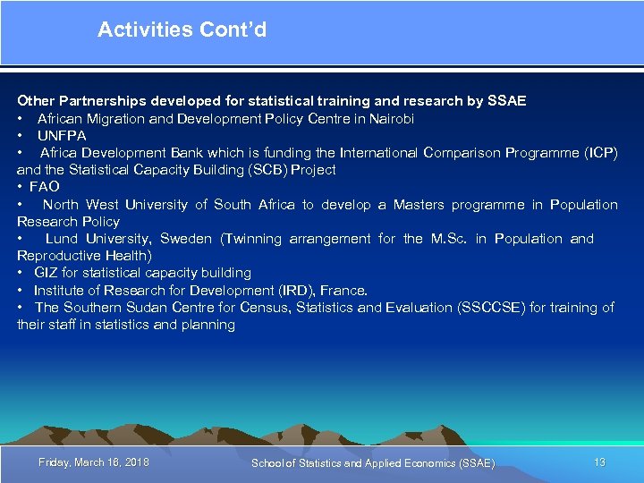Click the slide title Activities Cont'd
[x=182, y=30]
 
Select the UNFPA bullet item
[x=62, y=135]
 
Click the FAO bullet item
[x=44, y=186]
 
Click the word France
[x=343, y=290]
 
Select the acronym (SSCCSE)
[x=491, y=307]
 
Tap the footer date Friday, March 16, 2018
[x=94, y=462]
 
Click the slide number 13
[x=599, y=462]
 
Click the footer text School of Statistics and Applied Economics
[x=372, y=462]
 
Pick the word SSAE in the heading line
[x=506, y=101]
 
